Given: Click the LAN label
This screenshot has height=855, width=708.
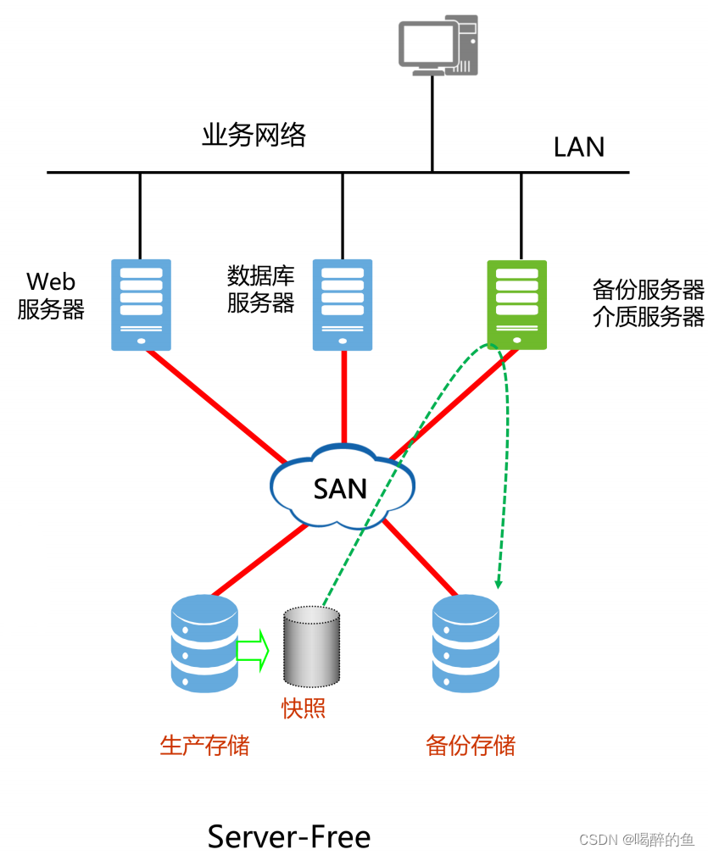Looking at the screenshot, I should click(x=578, y=147).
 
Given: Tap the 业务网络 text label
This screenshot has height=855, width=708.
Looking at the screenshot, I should click(x=254, y=135).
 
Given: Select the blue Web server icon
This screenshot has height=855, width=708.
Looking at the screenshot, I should click(x=141, y=304).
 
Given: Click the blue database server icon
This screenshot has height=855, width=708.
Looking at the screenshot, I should click(x=343, y=304).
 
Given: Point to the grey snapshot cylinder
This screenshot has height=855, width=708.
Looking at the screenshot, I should click(x=310, y=646).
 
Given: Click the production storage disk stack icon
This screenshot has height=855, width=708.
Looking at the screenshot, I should click(x=204, y=643).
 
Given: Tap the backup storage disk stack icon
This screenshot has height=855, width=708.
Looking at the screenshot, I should click(x=465, y=643).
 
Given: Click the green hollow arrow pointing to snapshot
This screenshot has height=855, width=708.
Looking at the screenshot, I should click(x=252, y=649).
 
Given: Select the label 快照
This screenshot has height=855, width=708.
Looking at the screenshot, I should click(x=304, y=708).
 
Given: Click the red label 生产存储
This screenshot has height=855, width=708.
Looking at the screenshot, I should click(x=204, y=746).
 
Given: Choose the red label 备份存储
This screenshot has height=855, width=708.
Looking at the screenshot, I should click(x=470, y=746).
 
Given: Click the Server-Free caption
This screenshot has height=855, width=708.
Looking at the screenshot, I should click(x=289, y=836).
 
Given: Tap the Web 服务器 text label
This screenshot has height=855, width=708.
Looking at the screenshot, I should click(x=51, y=296).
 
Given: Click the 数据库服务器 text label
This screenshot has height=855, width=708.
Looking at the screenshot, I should click(x=260, y=289).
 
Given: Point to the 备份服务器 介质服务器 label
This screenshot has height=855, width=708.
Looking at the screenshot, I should click(x=648, y=303).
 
